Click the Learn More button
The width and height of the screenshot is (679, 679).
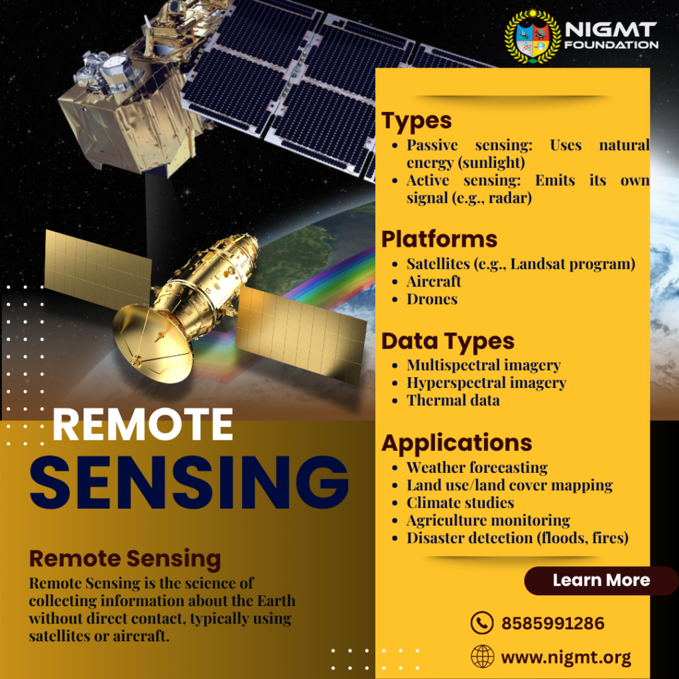(x=601, y=580)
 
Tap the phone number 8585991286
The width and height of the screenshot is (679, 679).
(x=552, y=623)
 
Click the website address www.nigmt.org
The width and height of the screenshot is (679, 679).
(x=566, y=657)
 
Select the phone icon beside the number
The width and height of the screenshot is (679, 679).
(x=482, y=623)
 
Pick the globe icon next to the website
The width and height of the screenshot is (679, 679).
(x=483, y=656)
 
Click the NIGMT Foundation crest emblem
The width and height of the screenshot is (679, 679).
(x=532, y=37)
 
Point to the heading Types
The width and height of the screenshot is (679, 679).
(x=416, y=121)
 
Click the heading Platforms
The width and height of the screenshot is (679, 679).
(x=439, y=239)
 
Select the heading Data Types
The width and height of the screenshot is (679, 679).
(x=448, y=342)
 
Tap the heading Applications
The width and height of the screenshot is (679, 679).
(x=457, y=444)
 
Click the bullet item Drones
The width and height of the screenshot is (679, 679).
(x=432, y=299)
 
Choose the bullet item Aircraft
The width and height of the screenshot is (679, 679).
(x=434, y=281)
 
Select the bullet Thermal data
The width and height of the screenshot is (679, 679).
(x=453, y=400)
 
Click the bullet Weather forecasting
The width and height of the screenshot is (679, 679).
(x=477, y=467)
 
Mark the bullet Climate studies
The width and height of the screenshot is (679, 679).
(x=460, y=503)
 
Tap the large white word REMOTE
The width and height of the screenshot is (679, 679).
(x=143, y=424)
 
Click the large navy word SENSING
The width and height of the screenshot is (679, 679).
(x=189, y=482)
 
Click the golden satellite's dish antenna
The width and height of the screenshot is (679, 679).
(x=153, y=342)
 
